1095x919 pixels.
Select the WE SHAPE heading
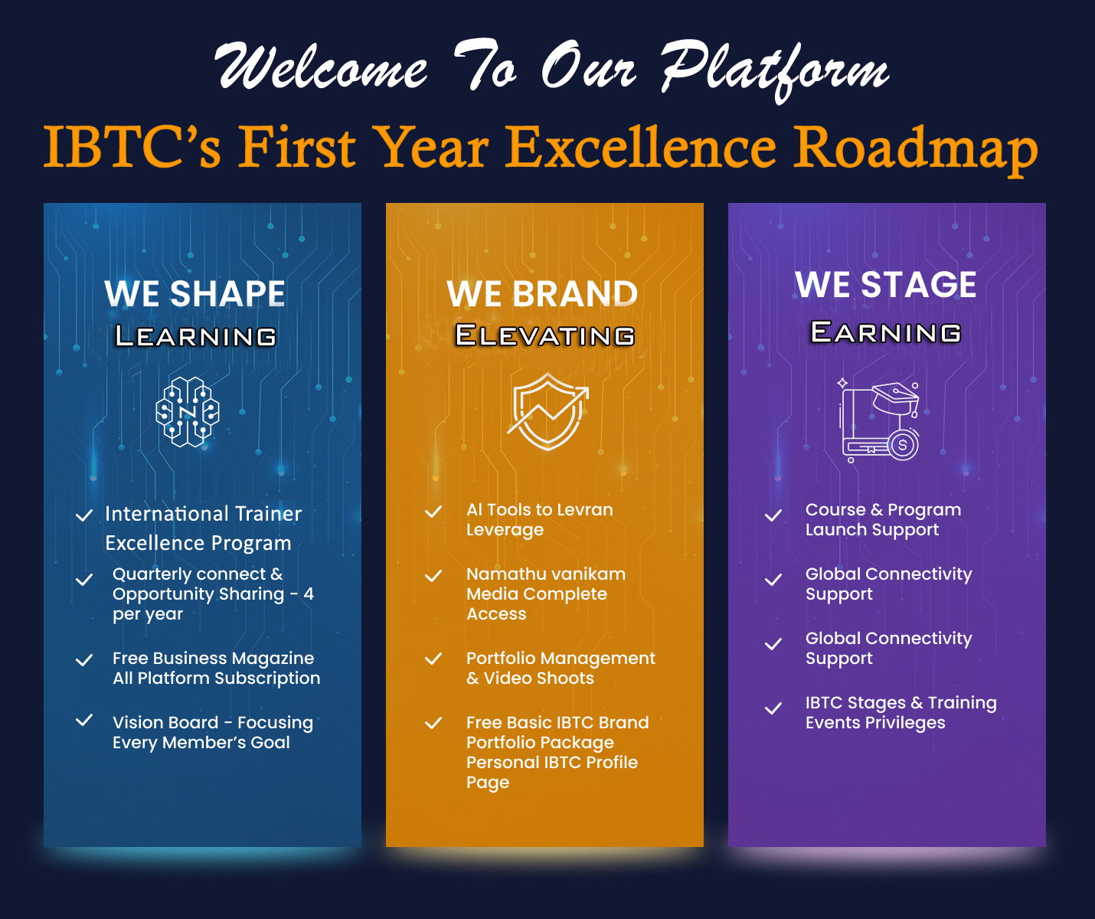coord(195,294)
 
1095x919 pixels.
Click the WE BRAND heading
coord(542,294)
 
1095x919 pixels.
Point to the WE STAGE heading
coord(886,285)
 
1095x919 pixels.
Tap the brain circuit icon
coord(188,412)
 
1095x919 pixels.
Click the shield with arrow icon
coord(547,412)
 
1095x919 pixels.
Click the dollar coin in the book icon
coord(903,444)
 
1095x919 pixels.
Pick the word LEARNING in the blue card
coord(195,336)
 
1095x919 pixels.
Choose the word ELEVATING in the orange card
coord(544,335)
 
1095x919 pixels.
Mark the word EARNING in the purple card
coord(886,332)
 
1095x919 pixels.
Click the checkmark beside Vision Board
coord(84,721)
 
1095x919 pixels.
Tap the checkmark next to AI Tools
coord(433,512)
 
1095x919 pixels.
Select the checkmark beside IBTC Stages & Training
coord(773,708)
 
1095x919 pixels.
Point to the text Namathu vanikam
coord(546,574)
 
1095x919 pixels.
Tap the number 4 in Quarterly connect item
coord(309,594)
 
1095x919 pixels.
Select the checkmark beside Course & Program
coord(773,515)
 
